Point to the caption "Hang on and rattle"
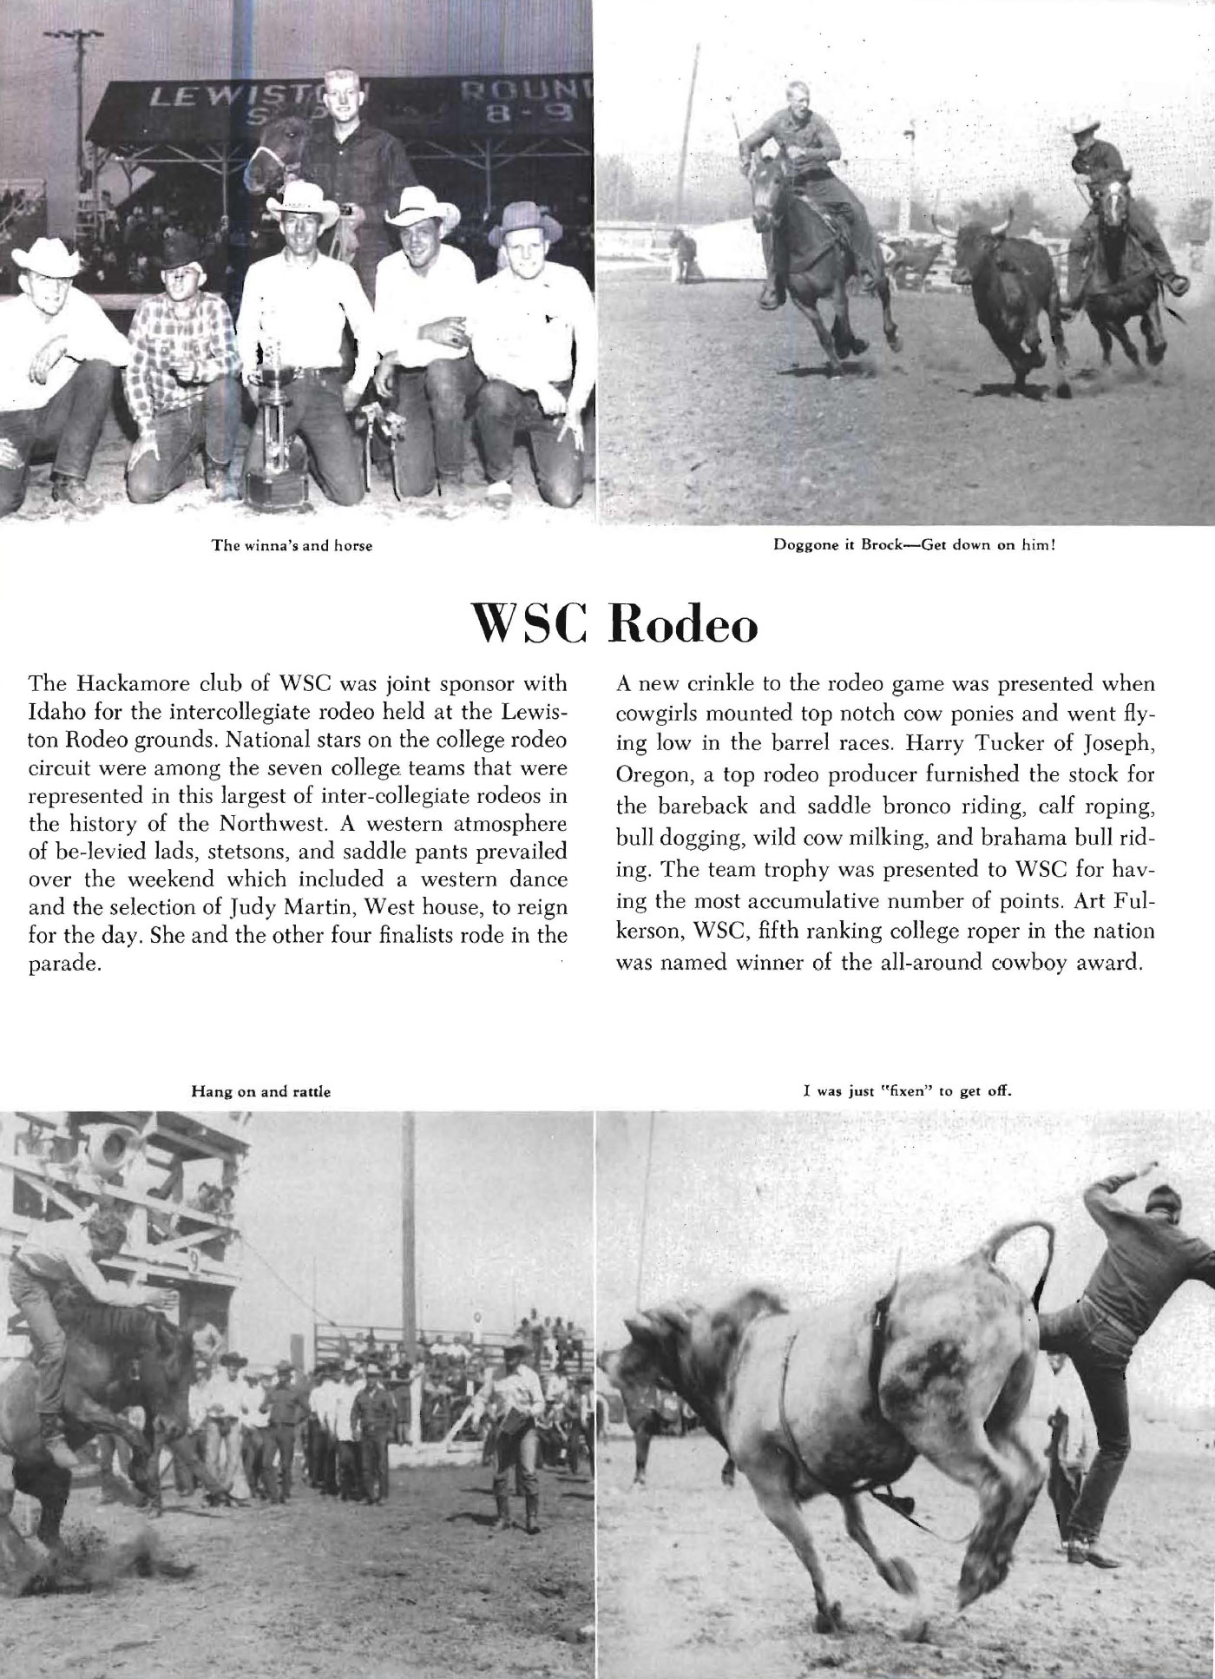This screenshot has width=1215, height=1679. (x=261, y=1091)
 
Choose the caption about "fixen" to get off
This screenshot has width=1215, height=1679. (x=908, y=1091)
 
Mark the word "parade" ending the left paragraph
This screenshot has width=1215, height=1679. (x=66, y=965)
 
